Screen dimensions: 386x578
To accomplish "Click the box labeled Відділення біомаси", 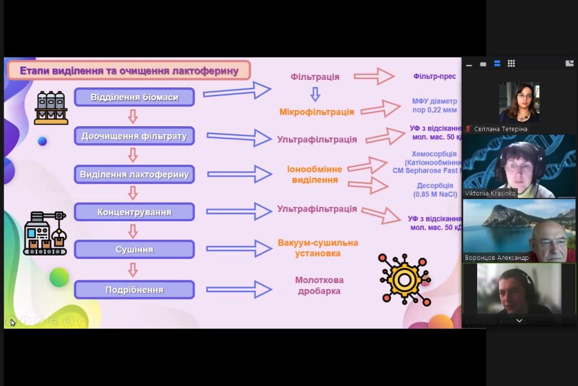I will [134, 98].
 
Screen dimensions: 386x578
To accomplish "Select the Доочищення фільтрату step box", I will [134, 136].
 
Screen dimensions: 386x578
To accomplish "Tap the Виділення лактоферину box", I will [134, 174].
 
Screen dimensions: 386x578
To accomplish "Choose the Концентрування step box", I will [134, 212].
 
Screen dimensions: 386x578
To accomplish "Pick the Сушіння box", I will [134, 250].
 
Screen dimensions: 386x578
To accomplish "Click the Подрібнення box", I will [134, 290].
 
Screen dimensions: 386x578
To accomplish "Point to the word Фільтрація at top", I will [315, 77].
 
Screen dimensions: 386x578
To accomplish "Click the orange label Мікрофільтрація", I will [316, 112].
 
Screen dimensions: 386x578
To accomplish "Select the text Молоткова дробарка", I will [319, 286].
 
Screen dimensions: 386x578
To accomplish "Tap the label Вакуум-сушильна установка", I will [317, 248].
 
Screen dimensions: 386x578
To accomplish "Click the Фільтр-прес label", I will [434, 76].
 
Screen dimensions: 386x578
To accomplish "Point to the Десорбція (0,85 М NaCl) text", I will [435, 190].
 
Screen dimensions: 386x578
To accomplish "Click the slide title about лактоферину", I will [129, 71].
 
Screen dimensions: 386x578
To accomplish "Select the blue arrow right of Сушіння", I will [239, 249].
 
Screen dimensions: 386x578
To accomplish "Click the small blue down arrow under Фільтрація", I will [315, 95].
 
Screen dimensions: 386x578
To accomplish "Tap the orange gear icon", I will [404, 280].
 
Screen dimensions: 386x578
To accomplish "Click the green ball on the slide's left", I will [60, 277].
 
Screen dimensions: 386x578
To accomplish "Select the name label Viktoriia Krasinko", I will [490, 193].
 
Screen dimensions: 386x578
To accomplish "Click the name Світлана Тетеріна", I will [500, 129].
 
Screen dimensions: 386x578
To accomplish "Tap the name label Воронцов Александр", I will [497, 258].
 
